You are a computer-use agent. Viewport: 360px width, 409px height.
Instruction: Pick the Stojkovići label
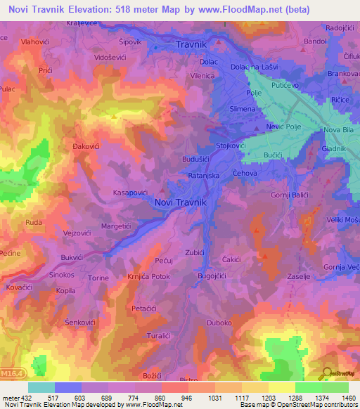coord(231,145)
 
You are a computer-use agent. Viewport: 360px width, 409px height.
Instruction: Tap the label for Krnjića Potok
coord(150,277)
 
